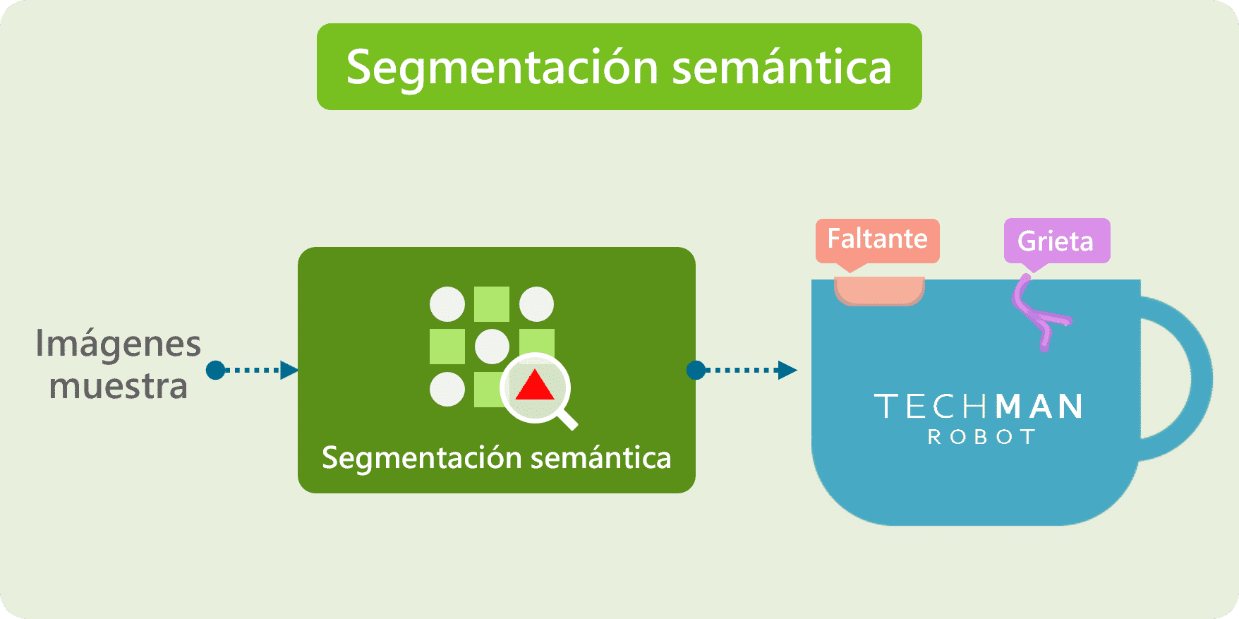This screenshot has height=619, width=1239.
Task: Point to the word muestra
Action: pyautogui.click(x=119, y=386)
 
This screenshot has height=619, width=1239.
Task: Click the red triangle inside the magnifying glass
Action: pyautogui.click(x=535, y=385)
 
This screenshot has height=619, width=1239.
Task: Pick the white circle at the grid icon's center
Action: pyautogui.click(x=492, y=347)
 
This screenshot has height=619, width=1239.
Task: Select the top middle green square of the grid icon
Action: pyautogui.click(x=492, y=304)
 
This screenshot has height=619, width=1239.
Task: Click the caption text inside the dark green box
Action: pyautogui.click(x=497, y=458)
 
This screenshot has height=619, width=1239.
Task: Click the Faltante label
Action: pyautogui.click(x=878, y=241)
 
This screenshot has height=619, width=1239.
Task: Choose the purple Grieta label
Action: pyautogui.click(x=1057, y=241)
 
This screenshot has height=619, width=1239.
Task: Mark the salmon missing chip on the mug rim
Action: pyautogui.click(x=879, y=291)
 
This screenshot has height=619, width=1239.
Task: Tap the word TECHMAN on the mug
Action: pyautogui.click(x=979, y=407)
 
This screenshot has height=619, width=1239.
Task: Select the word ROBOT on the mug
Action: pyautogui.click(x=981, y=438)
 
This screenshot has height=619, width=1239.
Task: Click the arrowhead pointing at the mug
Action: pyautogui.click(x=787, y=370)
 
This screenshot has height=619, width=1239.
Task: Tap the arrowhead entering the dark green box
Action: pyautogui.click(x=289, y=370)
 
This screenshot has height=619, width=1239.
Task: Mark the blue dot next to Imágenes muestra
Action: pyautogui.click(x=215, y=370)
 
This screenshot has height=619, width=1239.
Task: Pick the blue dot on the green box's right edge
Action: pyautogui.click(x=696, y=370)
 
